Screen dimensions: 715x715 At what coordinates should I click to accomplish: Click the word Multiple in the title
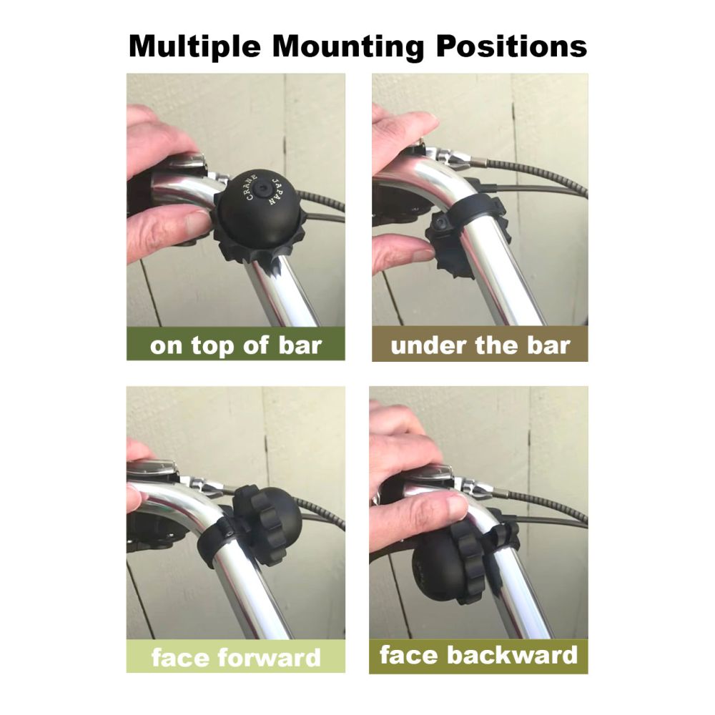[194, 46]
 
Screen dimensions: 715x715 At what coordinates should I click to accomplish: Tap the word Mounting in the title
[348, 46]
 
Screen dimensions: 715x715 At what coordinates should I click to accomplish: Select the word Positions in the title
[511, 46]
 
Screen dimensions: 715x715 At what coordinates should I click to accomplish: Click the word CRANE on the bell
[251, 188]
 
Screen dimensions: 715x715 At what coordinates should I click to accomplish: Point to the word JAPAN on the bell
[277, 192]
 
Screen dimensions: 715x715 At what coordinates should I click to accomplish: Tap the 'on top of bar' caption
[236, 345]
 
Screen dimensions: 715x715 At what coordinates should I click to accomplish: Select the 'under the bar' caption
[480, 345]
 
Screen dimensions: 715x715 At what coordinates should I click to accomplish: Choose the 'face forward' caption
[236, 658]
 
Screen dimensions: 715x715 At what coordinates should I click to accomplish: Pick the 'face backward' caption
[478, 655]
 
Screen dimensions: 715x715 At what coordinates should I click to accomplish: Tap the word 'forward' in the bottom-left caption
[269, 658]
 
